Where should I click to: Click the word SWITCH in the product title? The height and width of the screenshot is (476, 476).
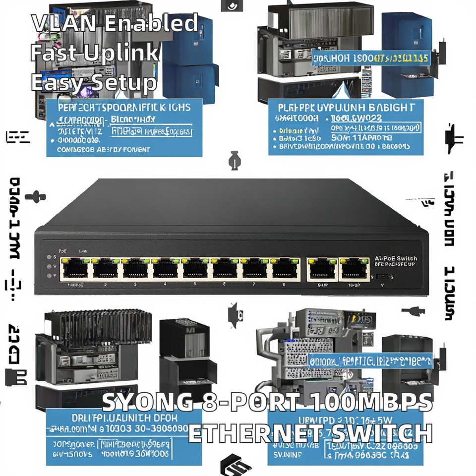point(381,433)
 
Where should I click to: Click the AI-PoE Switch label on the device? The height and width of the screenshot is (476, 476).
point(396,258)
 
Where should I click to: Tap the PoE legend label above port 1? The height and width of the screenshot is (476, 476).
point(62,251)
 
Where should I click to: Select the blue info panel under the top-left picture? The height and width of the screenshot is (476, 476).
point(124,127)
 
